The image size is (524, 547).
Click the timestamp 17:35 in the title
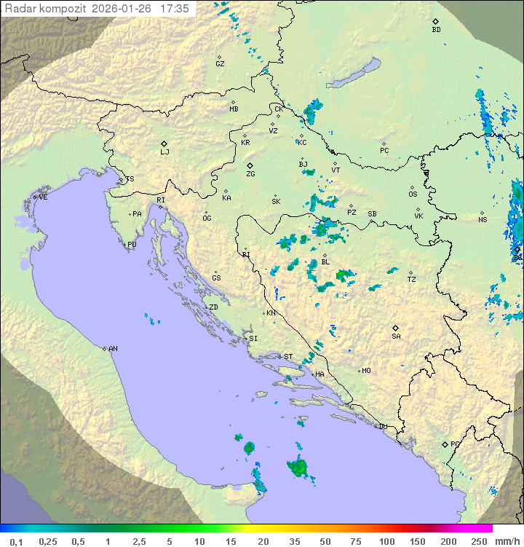(175, 9)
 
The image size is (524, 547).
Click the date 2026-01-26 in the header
(126, 9)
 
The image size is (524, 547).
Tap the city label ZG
(250, 174)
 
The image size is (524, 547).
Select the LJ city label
(164, 151)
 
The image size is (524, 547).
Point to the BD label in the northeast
(436, 30)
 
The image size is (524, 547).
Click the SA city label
(396, 336)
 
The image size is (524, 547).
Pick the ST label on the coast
(288, 356)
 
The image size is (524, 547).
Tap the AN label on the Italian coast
(113, 349)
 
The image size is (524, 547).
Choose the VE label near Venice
(43, 197)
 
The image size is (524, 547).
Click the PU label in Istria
(132, 245)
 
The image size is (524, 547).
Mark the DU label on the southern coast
(382, 427)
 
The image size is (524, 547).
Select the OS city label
(413, 194)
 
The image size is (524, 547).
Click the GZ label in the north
(220, 63)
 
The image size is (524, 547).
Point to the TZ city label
(411, 279)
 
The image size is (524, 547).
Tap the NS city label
(483, 219)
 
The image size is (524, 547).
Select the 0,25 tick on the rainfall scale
(48, 541)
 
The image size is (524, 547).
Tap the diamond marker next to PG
(445, 444)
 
